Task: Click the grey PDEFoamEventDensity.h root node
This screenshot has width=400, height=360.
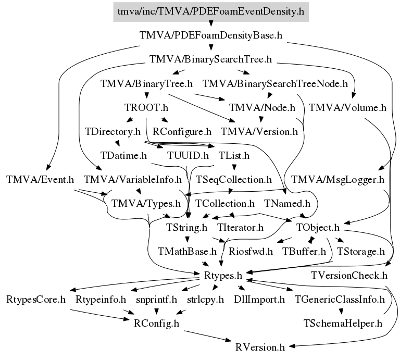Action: (210, 11)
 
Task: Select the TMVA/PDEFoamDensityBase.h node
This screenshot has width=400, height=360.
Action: (210, 35)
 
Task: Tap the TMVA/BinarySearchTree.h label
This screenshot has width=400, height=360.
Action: (210, 59)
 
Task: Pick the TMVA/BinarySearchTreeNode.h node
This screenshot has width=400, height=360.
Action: (275, 83)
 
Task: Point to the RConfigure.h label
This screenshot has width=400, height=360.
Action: (182, 132)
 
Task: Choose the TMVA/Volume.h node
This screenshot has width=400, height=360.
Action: (347, 108)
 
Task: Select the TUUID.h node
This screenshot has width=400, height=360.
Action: (188, 155)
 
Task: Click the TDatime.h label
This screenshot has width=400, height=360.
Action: (124, 155)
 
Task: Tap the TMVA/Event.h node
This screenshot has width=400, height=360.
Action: (40, 180)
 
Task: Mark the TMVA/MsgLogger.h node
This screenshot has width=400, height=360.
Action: (337, 180)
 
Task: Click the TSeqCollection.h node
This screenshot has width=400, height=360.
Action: (234, 180)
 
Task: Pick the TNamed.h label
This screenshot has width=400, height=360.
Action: (287, 203)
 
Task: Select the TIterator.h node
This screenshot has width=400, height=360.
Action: (241, 228)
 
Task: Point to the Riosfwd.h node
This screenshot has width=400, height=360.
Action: (251, 252)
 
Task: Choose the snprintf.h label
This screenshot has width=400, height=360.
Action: (156, 299)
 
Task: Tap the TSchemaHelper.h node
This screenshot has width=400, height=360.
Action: (343, 323)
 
